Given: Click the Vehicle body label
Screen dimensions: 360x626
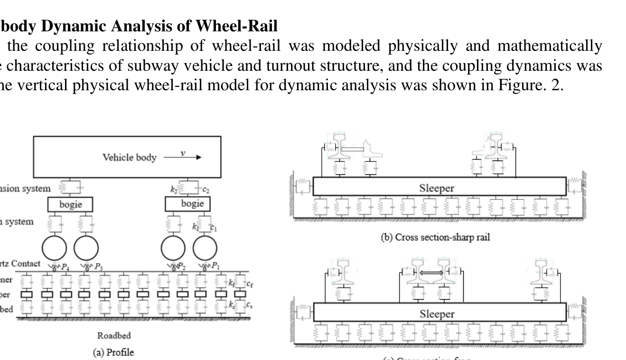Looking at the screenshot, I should click(130, 157).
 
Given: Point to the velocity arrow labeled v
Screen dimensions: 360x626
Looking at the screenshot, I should click(182, 157).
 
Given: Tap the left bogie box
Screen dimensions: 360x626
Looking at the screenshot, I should click(71, 204).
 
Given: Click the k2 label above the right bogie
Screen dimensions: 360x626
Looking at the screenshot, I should click(174, 189).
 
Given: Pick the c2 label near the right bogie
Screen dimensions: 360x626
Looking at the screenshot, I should click(206, 189).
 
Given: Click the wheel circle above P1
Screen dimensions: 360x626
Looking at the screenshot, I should click(205, 248).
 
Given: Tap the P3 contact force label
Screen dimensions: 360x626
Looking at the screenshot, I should click(98, 266).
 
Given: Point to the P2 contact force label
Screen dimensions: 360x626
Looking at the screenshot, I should click(181, 266).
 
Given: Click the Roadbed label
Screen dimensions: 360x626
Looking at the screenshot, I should click(114, 335).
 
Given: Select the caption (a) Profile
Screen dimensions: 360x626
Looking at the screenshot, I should click(114, 352).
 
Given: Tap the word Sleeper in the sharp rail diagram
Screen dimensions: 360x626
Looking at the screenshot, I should click(437, 188).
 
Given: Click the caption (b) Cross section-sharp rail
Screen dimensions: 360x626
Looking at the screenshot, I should click(435, 237).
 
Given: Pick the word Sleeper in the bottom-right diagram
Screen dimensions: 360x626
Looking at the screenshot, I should click(437, 314).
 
